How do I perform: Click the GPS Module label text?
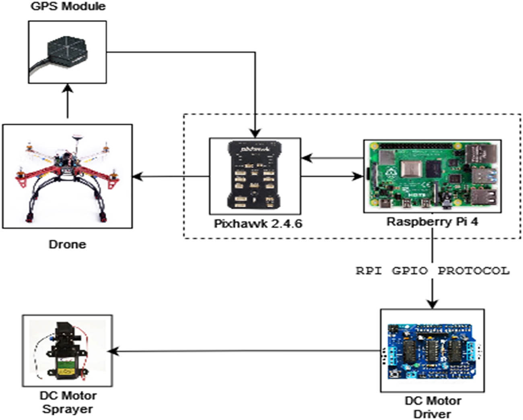[68, 6]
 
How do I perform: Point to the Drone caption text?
[67, 244]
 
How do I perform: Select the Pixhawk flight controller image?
[255, 176]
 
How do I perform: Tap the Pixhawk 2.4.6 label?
[257, 223]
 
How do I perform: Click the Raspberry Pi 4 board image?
[432, 176]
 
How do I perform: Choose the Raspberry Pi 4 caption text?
[432, 221]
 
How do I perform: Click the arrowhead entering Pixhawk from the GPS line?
[255, 133]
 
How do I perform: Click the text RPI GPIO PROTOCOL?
[432, 271]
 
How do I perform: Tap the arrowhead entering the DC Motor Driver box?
[432, 304]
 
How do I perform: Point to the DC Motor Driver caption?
[432, 407]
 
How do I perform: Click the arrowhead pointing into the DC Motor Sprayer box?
[113, 351]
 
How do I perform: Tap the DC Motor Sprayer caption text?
[68, 402]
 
